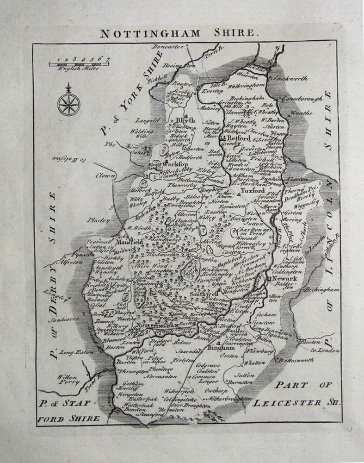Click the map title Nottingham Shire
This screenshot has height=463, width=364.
coord(177,33)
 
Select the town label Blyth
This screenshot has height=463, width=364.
coord(185,120)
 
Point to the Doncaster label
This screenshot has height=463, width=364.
coord(166,48)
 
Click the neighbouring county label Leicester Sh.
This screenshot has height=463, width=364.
coord(296,402)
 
